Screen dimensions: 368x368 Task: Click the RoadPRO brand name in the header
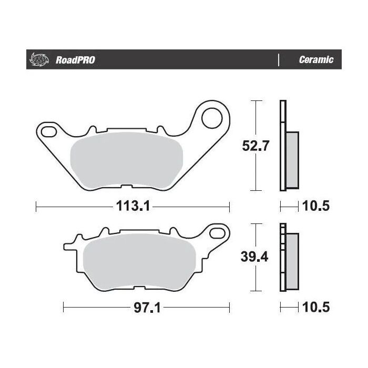coord(75,60)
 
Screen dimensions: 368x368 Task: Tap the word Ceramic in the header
coord(316,60)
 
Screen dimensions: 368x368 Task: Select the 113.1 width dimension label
coord(133,206)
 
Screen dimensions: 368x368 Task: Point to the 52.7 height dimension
coord(255,146)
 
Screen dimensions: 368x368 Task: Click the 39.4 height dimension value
coord(255,258)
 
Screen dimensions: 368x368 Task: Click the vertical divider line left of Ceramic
coord(278,60)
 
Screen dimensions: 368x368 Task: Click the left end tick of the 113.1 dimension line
coord(36,206)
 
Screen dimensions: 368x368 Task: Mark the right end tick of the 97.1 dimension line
coord(230,306)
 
